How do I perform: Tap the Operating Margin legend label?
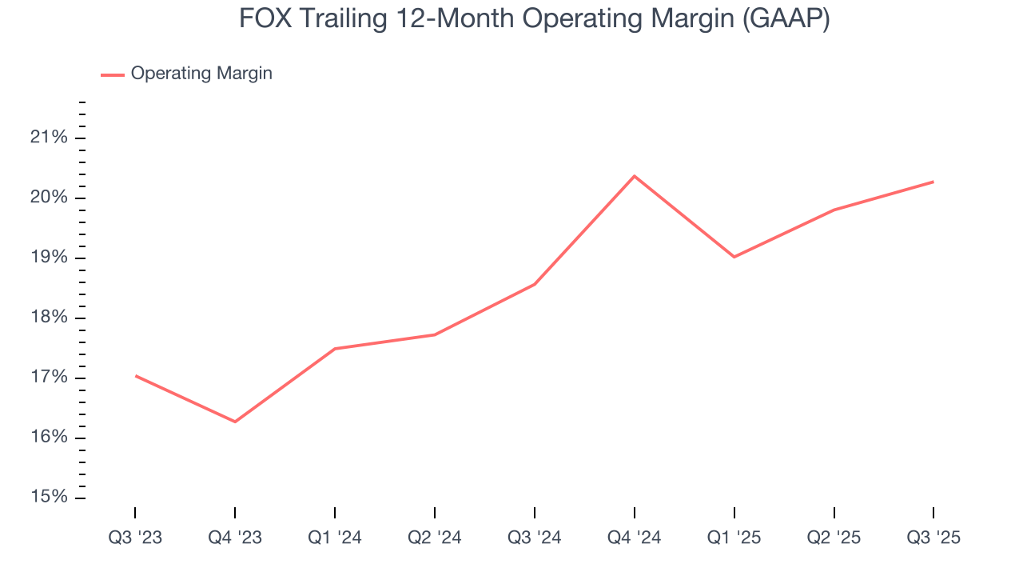pos(201,74)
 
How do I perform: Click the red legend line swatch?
pos(113,74)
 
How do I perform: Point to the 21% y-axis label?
pos(49,138)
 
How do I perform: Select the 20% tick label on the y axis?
pos(49,198)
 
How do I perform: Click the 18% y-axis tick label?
pos(49,318)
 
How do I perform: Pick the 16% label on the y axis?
pos(49,438)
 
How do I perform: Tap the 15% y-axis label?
pos(49,498)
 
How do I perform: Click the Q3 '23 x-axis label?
pos(135,538)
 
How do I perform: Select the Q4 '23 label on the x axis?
pos(235,538)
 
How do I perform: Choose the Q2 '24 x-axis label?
pos(435,538)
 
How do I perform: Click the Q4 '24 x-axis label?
pos(635,538)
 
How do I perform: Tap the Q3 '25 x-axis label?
pos(933,538)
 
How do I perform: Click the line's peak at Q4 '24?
pos(635,176)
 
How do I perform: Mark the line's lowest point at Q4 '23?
pos(235,422)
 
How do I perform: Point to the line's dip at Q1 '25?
pos(734,257)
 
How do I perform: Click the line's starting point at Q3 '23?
pos(135,375)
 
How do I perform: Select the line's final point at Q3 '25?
pos(933,182)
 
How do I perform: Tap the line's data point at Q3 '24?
pos(535,284)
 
